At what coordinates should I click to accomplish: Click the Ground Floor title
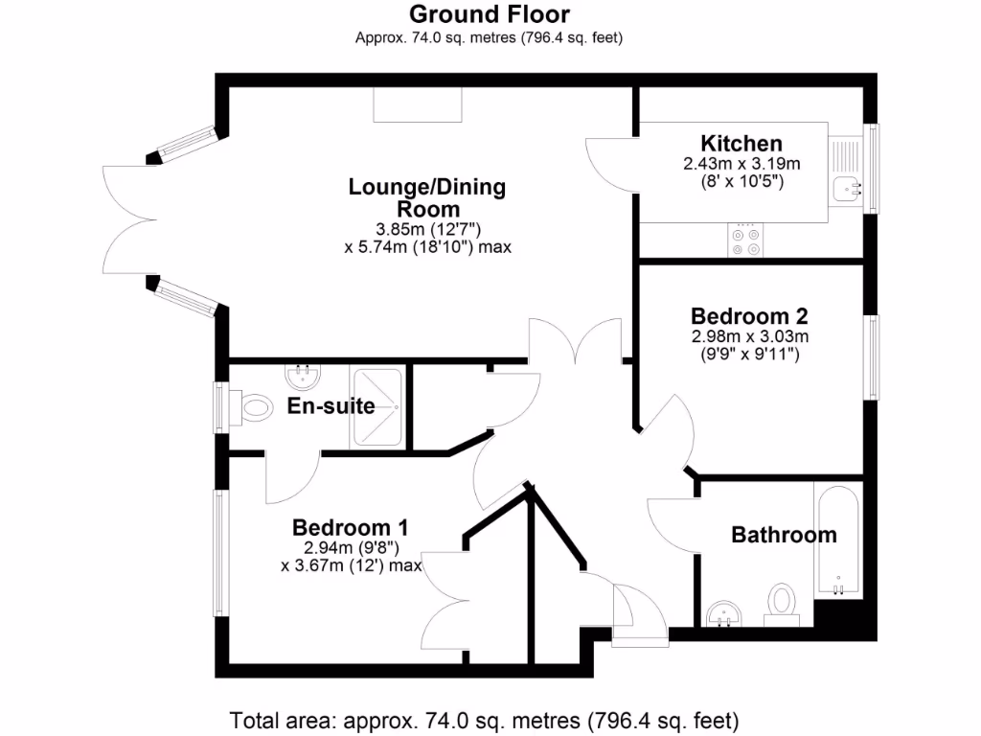489,14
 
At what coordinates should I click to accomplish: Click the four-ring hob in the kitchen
746,241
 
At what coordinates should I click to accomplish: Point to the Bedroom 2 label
749,315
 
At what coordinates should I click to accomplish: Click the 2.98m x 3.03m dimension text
749,336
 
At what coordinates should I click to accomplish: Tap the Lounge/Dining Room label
427,197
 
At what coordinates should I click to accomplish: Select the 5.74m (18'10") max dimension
427,246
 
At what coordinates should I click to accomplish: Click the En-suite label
331,406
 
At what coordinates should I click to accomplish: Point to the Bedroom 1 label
351,527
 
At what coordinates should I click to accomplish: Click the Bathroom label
784,535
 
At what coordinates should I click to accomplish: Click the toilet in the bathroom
782,604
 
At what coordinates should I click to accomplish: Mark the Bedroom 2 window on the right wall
872,356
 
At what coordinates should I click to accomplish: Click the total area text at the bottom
485,720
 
